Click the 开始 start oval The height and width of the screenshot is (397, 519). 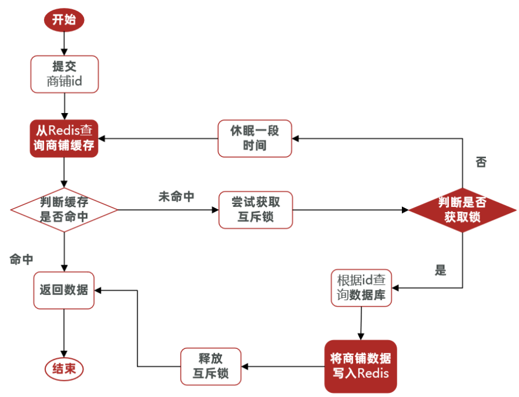coord(64,20)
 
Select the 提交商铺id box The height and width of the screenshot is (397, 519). coord(64,74)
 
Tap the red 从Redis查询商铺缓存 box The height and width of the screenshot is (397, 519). coord(64,139)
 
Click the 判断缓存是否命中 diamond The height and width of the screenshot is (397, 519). coord(64,209)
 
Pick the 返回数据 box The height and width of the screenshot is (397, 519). coord(64,289)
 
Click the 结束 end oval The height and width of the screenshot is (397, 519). coord(64,369)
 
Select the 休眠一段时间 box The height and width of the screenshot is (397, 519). coord(255,139)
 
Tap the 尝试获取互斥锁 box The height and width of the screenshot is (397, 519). coord(255,209)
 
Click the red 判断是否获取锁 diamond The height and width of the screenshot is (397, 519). coord(462,209)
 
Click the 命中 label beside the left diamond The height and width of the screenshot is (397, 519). coord(21,259)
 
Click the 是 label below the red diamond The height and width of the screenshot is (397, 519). coord(441,270)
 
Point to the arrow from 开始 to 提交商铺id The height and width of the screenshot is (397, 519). coord(64,43)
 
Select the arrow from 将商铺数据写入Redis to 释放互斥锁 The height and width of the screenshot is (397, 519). coord(284,366)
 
